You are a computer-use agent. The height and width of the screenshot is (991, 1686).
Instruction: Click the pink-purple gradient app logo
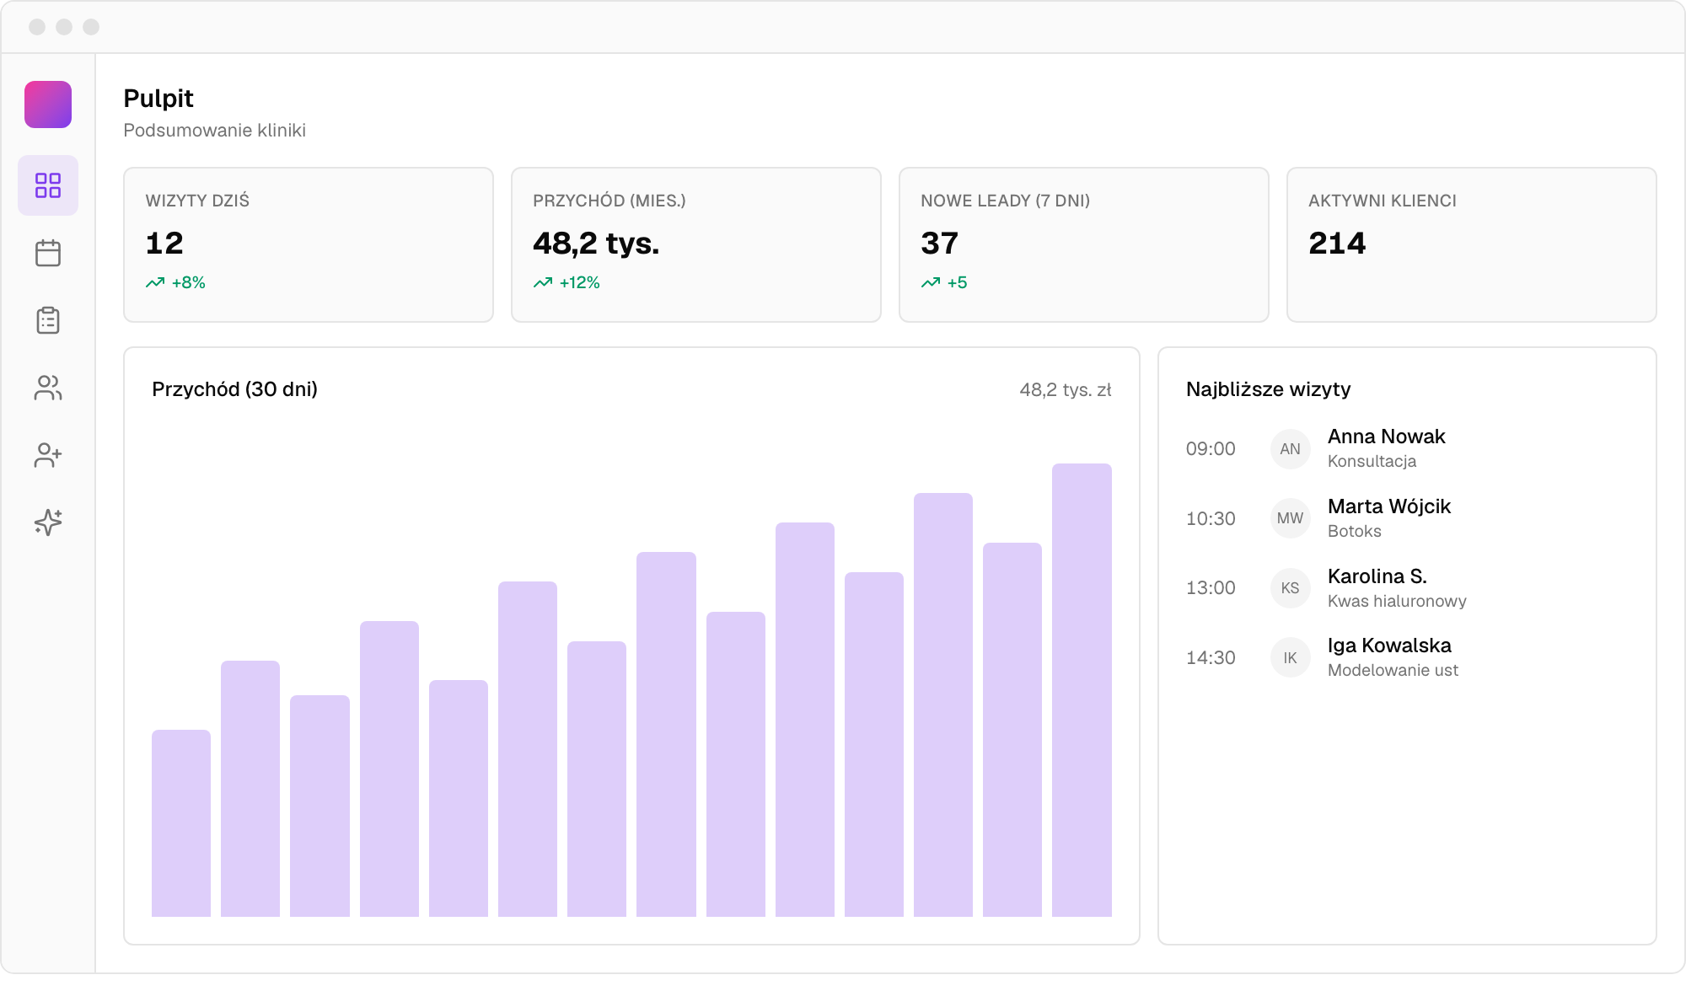[x=48, y=104]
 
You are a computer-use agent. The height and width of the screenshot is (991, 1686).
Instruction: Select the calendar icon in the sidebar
[x=48, y=253]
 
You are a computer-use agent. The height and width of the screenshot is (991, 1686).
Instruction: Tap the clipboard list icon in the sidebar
[x=48, y=320]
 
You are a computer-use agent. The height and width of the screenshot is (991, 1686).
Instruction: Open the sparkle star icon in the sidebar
[x=48, y=522]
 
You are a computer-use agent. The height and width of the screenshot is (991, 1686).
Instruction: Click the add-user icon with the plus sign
[x=48, y=455]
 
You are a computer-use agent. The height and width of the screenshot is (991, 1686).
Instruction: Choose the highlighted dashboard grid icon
[x=48, y=185]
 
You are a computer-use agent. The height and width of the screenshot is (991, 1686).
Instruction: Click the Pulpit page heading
[x=158, y=99]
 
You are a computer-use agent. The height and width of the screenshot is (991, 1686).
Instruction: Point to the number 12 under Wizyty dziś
[x=164, y=244]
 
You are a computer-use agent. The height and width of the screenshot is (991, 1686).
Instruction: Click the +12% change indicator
[x=566, y=282]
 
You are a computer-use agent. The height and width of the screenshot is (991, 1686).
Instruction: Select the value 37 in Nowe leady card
[x=939, y=244]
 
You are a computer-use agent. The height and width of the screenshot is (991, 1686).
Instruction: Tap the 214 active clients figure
[x=1337, y=244]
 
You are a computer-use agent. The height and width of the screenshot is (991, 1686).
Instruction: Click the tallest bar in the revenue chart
[x=1082, y=690]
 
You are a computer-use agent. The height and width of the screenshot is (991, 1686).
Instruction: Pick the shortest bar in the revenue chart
[x=181, y=823]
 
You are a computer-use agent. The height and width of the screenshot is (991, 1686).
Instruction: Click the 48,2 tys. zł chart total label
[x=1066, y=389]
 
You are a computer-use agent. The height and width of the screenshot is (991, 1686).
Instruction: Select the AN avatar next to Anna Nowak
[x=1290, y=449]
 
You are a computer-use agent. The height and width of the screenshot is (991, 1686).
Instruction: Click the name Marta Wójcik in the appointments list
[x=1389, y=506]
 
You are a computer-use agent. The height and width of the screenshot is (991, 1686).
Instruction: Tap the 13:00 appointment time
[x=1211, y=588]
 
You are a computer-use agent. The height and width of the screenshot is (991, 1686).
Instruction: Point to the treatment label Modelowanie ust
[x=1393, y=670]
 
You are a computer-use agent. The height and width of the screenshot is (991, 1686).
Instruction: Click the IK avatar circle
[x=1290, y=658]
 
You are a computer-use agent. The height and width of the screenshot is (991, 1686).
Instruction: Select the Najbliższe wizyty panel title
[x=1268, y=389]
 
